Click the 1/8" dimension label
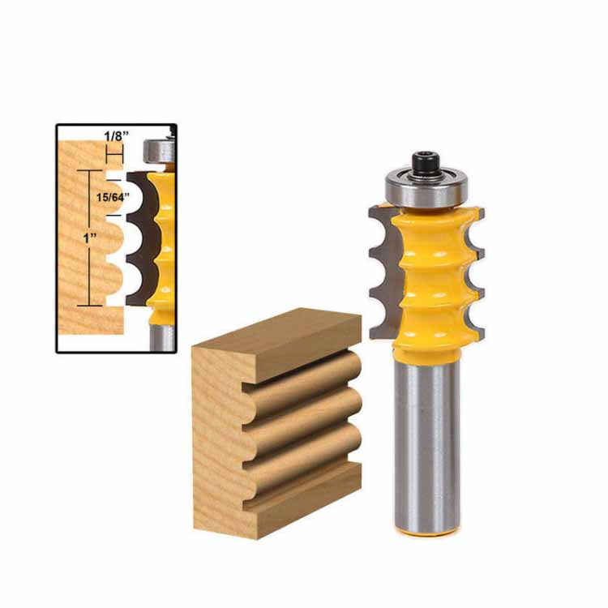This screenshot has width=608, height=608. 116,136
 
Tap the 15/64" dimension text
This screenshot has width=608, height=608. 113,197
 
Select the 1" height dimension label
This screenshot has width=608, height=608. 90,238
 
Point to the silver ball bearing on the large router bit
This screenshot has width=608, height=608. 426,187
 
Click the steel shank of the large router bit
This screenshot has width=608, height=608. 427,446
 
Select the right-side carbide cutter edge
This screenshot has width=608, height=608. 474,272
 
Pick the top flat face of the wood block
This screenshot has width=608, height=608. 277,339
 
